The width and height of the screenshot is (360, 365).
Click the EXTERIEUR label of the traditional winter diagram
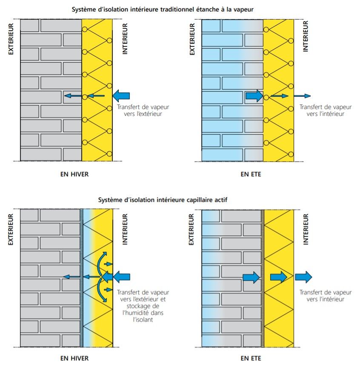pos(11,39)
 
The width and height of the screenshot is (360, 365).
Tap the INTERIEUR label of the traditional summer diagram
pos(305,36)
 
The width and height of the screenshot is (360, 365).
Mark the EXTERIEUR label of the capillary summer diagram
pos(192,229)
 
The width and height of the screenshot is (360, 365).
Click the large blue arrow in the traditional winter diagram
pos(121,96)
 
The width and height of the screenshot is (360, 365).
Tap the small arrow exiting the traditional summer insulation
pos(302,96)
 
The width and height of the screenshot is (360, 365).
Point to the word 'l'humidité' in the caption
pos(143,312)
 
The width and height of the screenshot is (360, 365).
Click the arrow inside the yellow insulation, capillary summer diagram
pos(279,277)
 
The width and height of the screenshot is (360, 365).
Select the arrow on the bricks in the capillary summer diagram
pos(251,277)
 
